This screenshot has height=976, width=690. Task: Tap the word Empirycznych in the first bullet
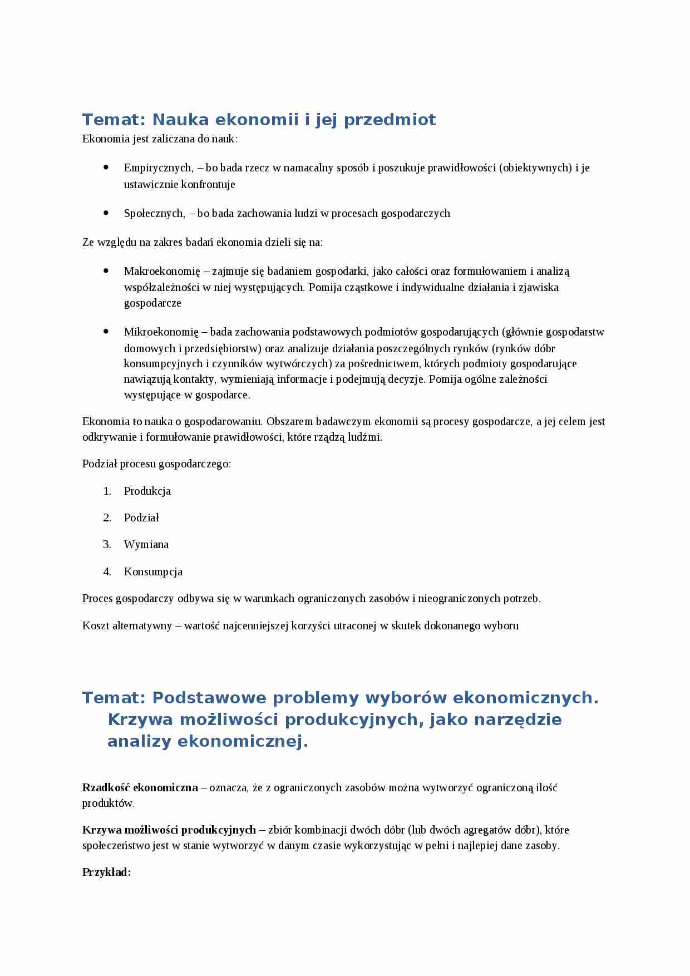click(x=158, y=168)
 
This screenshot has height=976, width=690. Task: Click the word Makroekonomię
click(x=161, y=272)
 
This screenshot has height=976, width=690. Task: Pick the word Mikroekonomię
click(x=161, y=332)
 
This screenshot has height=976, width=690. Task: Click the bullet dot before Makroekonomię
click(x=106, y=271)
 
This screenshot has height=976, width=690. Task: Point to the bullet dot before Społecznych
click(x=106, y=213)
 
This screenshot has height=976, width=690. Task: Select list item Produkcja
click(x=147, y=491)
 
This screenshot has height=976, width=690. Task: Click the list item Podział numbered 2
click(x=141, y=518)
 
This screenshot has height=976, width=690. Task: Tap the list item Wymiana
click(x=146, y=545)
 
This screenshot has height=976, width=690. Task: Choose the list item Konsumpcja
click(x=153, y=572)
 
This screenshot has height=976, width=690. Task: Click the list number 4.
click(x=107, y=572)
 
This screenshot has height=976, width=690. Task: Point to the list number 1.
click(x=107, y=491)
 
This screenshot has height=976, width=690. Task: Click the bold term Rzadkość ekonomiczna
click(x=140, y=788)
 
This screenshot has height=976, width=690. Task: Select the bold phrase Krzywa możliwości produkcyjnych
click(x=169, y=830)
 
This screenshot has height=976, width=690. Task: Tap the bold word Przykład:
click(x=106, y=873)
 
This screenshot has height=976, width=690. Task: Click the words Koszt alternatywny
click(x=127, y=626)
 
